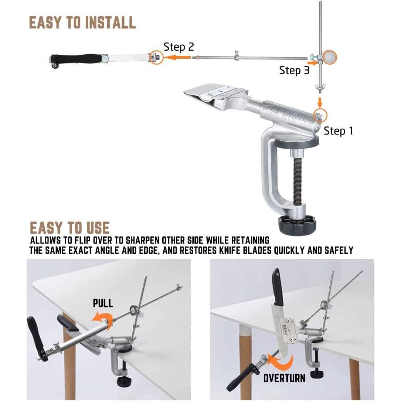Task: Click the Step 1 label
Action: (x=338, y=131)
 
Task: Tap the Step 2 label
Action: (x=179, y=47)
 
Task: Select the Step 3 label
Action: (x=294, y=70)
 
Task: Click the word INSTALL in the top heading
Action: (x=110, y=23)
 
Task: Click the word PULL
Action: (x=103, y=303)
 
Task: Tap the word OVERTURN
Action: (x=284, y=378)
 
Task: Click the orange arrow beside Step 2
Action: (x=177, y=57)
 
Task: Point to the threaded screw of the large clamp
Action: (x=297, y=181)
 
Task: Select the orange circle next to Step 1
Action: (x=320, y=115)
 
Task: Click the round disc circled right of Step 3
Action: (x=329, y=57)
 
